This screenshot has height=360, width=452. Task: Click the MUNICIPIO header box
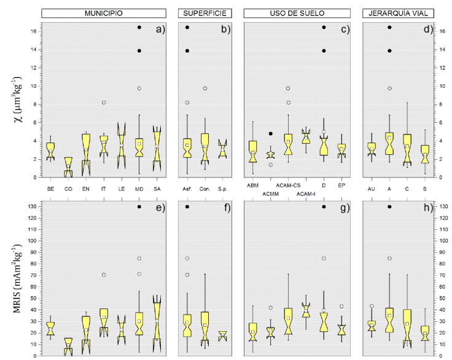point(104,12)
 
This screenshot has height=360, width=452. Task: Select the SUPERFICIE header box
point(205,12)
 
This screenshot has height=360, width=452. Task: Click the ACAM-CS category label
point(288,185)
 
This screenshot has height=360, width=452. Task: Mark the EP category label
point(341,185)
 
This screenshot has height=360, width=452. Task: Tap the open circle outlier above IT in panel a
point(104,103)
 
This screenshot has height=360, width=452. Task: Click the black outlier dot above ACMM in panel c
point(270,133)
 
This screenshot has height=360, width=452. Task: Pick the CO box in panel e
point(68,346)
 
